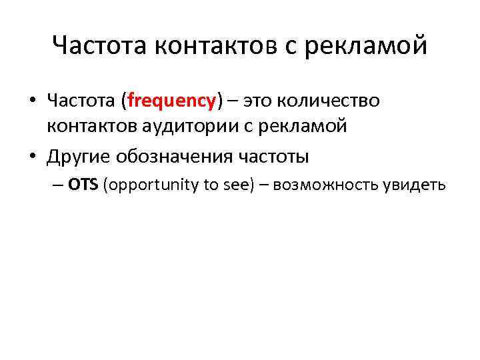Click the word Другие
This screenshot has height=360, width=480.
coord(79,157)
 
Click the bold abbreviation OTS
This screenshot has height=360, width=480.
coord(83,185)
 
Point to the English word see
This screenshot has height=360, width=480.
coord(235,185)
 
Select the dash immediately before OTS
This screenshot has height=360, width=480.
coord(61,185)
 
